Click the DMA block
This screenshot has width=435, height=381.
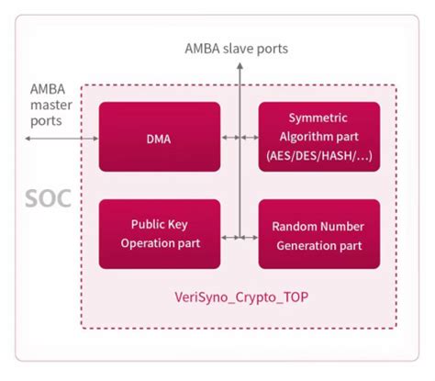coord(160,137)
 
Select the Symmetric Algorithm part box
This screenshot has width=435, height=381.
coord(318,137)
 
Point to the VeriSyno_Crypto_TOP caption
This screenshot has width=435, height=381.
coord(238,297)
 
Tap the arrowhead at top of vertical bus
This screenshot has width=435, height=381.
coord(239,67)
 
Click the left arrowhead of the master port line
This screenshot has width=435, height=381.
coord(28,138)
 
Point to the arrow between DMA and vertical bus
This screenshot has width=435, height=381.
coord(229,138)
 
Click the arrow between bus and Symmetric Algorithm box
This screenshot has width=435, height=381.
coord(249,138)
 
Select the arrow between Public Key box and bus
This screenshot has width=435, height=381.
coord(229,238)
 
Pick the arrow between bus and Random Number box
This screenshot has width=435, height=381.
coord(249,238)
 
